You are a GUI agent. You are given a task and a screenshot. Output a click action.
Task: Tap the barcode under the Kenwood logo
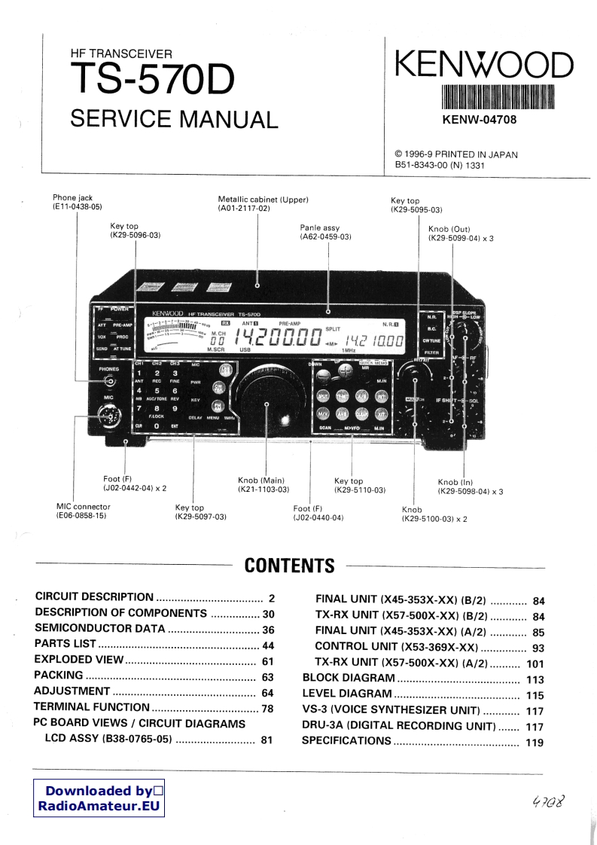[x=498, y=99]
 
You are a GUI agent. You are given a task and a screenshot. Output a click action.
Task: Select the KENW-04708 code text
[x=479, y=120]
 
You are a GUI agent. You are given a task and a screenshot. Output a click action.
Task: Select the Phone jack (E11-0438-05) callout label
[x=77, y=202]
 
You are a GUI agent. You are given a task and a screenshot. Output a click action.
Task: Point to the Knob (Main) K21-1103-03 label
[x=261, y=485]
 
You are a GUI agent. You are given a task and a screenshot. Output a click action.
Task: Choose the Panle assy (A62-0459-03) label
[x=326, y=232]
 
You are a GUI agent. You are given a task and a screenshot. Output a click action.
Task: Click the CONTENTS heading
[x=289, y=566]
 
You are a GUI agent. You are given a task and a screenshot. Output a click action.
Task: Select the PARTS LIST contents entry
[x=66, y=645]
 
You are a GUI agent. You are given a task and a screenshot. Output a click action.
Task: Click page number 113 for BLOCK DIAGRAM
[x=535, y=679]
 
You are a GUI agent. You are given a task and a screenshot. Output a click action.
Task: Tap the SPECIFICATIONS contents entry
[x=346, y=741]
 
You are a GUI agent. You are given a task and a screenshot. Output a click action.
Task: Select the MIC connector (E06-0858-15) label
[x=81, y=511]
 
